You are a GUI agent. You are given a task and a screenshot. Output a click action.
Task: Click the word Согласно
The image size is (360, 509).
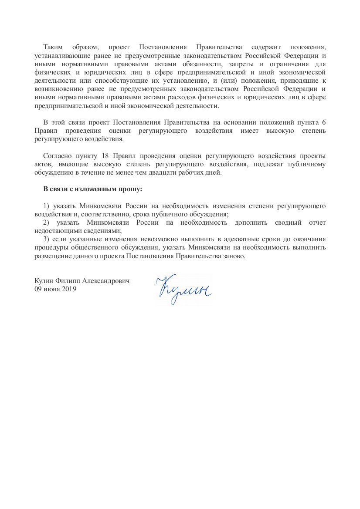58,156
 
